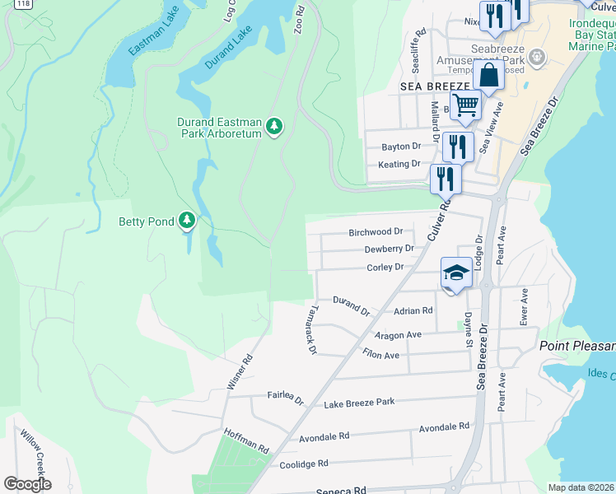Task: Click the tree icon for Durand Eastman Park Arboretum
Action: (274, 127)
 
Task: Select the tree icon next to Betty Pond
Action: (189, 220)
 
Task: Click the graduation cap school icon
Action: (456, 273)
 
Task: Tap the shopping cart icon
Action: (465, 105)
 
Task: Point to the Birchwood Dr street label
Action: (376, 232)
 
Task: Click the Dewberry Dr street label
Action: (388, 249)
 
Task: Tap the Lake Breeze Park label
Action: (359, 403)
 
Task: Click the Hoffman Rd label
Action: (246, 441)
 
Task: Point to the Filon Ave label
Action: (380, 355)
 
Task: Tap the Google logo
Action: (27, 484)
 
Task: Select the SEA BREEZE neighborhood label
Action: (435, 86)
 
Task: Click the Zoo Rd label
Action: (300, 22)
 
